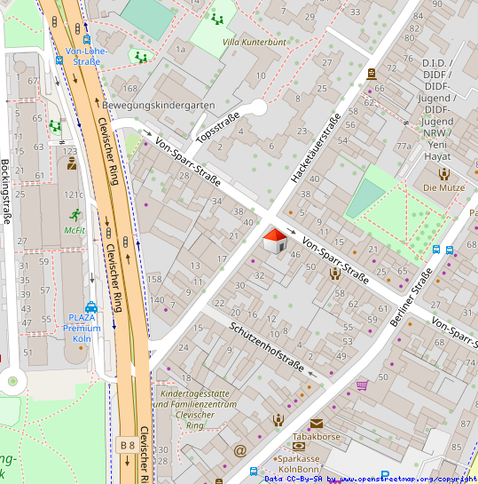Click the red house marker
tap(275, 240)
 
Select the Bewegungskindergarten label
tap(158, 105)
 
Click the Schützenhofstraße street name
tap(267, 347)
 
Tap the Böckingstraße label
tap(6, 190)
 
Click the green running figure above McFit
tap(74, 214)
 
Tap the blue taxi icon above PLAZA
tap(90, 306)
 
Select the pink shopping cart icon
tap(362, 385)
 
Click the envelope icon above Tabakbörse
tap(317, 424)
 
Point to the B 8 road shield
tap(126, 444)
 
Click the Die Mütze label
tap(443, 187)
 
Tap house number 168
tap(130, 88)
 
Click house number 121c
tap(73, 194)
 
